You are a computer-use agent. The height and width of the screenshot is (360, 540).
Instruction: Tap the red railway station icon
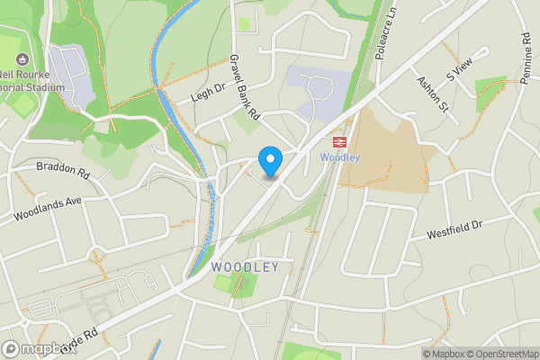(x=340, y=141)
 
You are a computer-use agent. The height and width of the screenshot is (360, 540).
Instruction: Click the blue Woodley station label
(x=340, y=157)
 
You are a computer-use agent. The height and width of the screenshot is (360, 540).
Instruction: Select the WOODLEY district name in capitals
(x=245, y=267)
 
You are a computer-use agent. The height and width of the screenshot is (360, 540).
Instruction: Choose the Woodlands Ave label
(x=48, y=209)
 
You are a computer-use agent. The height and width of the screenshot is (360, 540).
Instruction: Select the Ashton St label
(x=432, y=94)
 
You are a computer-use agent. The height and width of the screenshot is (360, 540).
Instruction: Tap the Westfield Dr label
(x=462, y=226)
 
